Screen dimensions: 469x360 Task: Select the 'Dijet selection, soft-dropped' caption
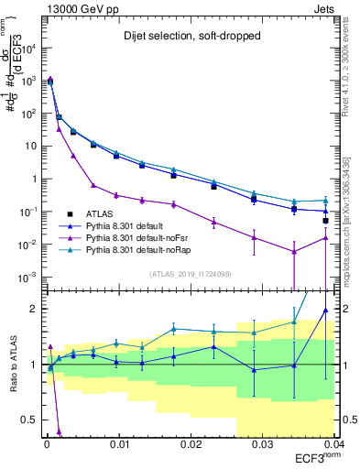[x=188, y=37]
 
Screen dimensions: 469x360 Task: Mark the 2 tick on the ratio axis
[x=34, y=309]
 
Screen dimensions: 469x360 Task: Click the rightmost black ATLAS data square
[x=326, y=221]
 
